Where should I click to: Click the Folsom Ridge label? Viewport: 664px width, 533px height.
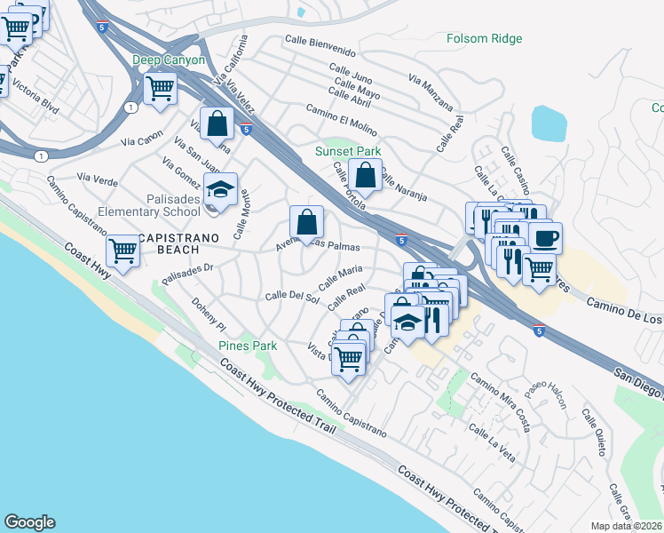tap(484, 38)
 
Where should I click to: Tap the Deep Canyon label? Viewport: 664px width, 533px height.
tap(169, 60)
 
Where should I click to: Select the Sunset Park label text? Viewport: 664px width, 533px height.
tap(348, 152)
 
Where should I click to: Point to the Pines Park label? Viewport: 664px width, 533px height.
tap(248, 346)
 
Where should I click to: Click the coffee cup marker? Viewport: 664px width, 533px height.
tap(544, 236)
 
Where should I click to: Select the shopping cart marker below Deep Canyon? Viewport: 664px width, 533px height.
tap(160, 88)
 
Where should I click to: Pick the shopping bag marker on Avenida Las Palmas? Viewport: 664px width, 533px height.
tap(306, 221)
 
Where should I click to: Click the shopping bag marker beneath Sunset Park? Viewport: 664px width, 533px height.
tap(365, 174)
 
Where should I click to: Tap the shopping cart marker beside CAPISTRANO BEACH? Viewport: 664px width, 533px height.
tap(123, 251)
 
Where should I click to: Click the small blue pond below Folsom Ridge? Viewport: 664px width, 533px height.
tap(548, 123)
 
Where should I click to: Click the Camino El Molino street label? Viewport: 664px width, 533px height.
tap(341, 119)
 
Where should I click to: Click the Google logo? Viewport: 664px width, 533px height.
tap(29, 522)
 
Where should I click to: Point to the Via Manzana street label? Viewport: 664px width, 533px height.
tap(430, 92)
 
